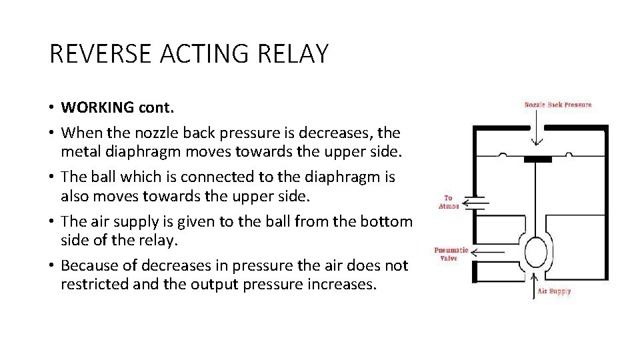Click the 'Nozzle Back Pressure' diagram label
coord(557,105)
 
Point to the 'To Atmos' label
coord(448,202)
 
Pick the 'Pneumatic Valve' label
coord(451,254)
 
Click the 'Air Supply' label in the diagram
coord(555,291)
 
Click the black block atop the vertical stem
coord(537,159)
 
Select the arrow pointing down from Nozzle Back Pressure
coord(537,131)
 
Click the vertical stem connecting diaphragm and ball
coord(537,197)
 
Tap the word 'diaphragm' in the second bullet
coord(147,151)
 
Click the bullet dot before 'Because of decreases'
coord(52,266)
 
